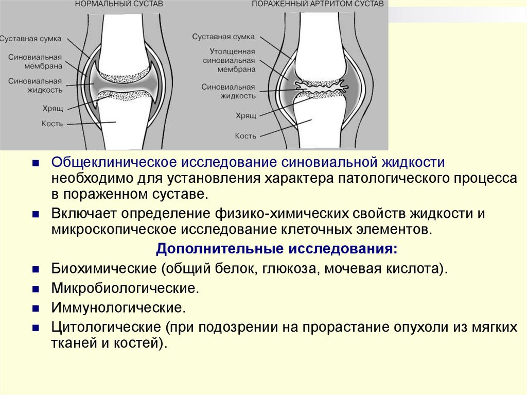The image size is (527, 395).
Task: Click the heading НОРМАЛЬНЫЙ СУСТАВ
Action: [119, 4]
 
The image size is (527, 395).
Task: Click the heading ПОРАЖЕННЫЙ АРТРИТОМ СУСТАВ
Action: [317, 4]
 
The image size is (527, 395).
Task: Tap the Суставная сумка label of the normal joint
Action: [31, 39]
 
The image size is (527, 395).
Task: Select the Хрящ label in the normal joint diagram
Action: [52, 108]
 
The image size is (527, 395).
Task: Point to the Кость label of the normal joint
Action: [52, 124]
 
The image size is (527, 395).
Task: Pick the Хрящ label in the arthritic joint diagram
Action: [245, 117]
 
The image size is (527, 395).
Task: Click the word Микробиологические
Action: [125, 288]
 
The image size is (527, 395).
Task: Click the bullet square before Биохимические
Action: [35, 269]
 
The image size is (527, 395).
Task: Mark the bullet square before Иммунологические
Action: [35, 308]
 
